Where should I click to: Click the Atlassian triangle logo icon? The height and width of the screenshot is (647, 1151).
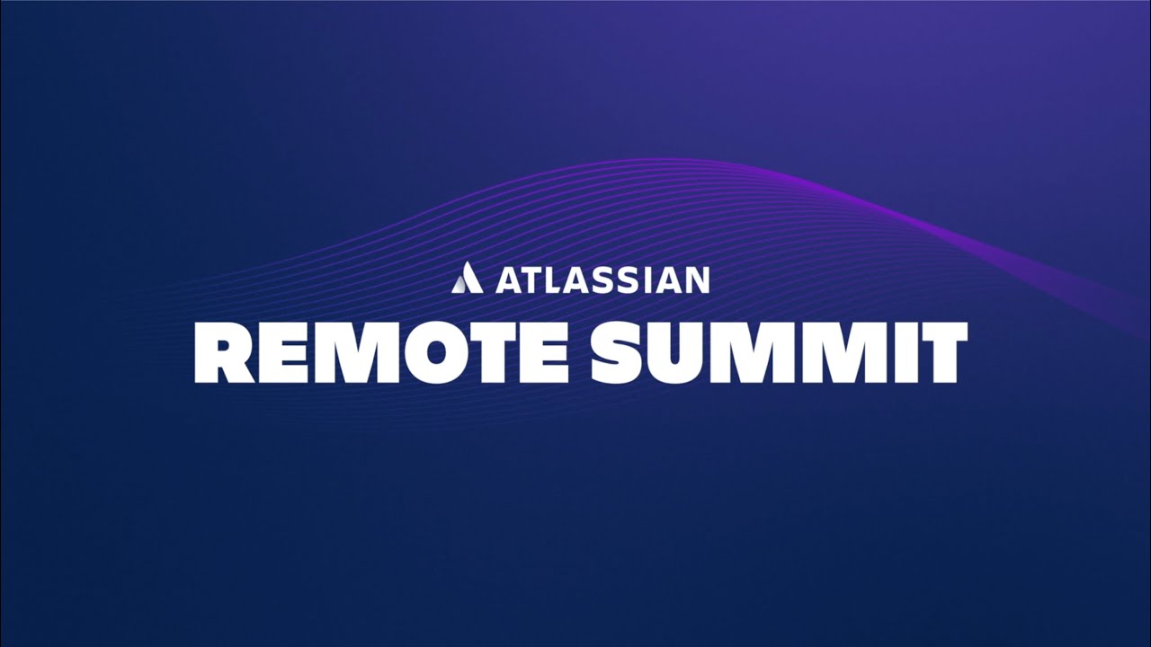click(x=467, y=278)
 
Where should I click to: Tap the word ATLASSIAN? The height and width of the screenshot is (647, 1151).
click(x=602, y=279)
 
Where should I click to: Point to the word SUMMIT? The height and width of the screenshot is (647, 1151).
click(x=780, y=353)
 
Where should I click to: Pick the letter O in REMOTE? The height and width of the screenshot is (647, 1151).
click(x=432, y=353)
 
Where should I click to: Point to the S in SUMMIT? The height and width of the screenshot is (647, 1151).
click(x=617, y=353)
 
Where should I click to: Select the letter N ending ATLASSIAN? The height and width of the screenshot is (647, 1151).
click(x=699, y=279)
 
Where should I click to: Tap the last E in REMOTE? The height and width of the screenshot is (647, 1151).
click(x=547, y=353)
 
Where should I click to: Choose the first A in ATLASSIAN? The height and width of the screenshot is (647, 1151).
click(x=509, y=279)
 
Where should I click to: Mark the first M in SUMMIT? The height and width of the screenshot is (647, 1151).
click(x=753, y=353)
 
